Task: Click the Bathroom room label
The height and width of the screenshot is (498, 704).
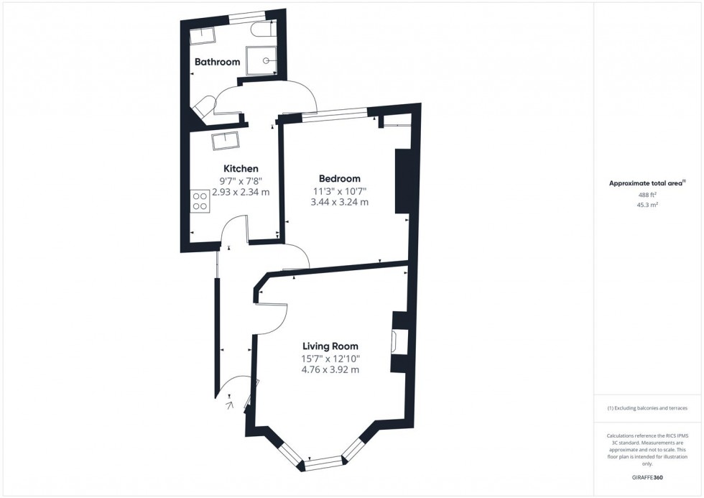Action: (x=217, y=62)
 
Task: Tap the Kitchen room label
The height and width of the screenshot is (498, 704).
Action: (x=241, y=169)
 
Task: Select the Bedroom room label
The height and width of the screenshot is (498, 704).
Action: (x=339, y=179)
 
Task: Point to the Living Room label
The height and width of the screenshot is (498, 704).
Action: (x=330, y=346)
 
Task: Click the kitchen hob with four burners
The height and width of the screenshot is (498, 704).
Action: (x=200, y=200)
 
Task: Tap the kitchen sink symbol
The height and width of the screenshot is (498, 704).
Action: (x=226, y=141)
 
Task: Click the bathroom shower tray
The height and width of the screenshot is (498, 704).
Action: (x=261, y=60)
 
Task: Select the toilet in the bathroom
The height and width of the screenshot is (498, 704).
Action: (x=260, y=29)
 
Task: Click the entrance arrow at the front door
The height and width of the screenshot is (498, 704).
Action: (x=231, y=406)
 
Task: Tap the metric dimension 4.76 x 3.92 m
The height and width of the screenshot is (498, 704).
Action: (x=330, y=370)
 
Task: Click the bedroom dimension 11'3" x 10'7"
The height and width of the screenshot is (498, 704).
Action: (x=340, y=191)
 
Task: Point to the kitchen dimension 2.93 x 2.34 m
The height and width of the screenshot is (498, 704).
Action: (x=241, y=193)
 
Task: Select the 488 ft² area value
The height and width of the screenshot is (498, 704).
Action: (x=648, y=195)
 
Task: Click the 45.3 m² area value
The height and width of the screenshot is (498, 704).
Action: (x=648, y=205)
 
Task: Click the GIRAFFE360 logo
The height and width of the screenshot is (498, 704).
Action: (x=647, y=477)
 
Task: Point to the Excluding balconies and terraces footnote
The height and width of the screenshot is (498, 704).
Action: (x=647, y=408)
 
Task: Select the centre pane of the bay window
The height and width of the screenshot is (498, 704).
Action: (x=323, y=464)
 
